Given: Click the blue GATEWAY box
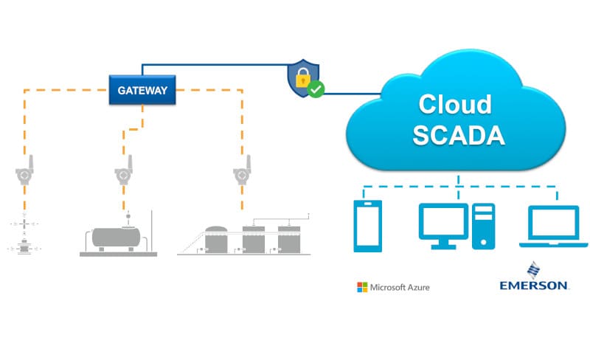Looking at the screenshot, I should pos(142,91).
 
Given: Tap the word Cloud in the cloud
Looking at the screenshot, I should pos(455,104).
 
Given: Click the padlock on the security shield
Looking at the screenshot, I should pos(302,77).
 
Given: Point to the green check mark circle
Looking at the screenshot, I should pos(316,90).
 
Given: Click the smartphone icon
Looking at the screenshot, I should pos(367,226).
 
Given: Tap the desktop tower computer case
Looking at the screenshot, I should pos(484,226).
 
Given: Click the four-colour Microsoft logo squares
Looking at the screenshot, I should pos(361,286).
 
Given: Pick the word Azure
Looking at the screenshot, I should pos(414,286).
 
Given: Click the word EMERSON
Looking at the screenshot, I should pos(533,285).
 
